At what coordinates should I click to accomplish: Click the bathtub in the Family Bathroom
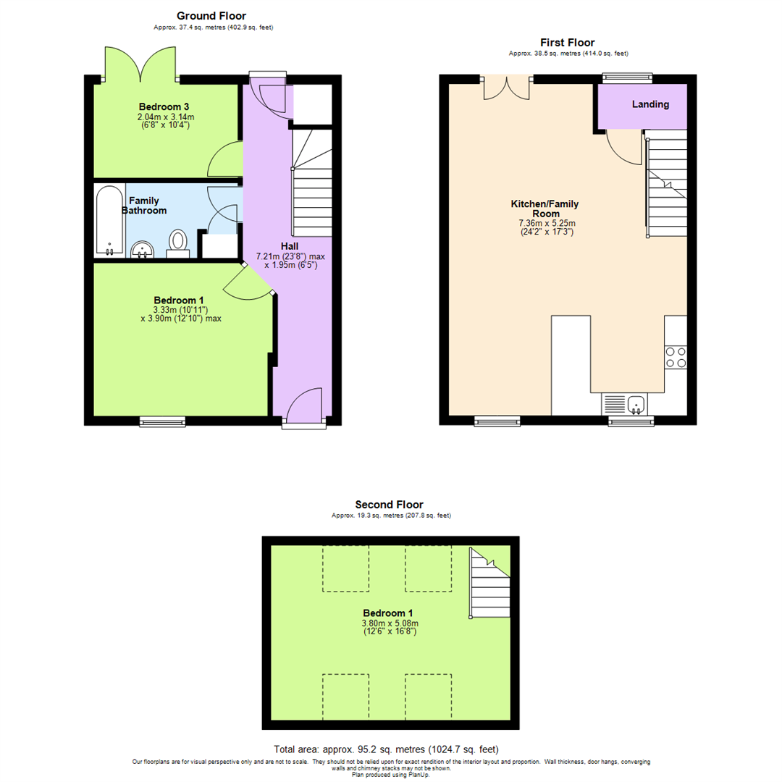[x=109, y=221]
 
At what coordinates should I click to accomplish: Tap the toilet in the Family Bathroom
[x=178, y=242]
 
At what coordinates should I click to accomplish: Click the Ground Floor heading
[x=211, y=15]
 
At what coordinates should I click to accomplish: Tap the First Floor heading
[x=568, y=43]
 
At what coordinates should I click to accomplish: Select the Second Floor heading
[x=389, y=505]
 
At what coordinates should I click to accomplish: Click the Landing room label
[x=650, y=104]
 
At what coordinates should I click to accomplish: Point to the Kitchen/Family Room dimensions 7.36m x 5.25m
[x=555, y=224]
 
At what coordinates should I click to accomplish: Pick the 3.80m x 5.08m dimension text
[x=390, y=623]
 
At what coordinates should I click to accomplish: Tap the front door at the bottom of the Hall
[x=303, y=405]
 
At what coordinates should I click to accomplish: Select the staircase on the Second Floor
[x=489, y=584]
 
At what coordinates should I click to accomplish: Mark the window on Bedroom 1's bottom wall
[x=161, y=420]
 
